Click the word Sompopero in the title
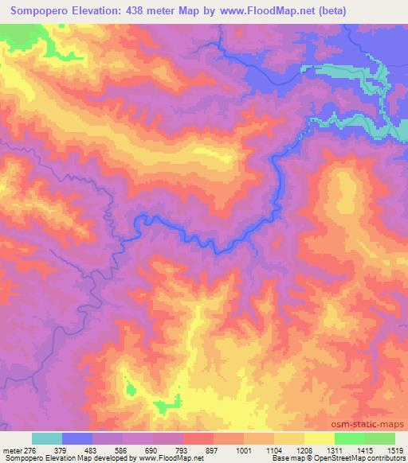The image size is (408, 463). tap(44, 10)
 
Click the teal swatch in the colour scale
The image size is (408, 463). tap(47, 438)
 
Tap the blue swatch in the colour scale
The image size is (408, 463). tap(77, 438)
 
